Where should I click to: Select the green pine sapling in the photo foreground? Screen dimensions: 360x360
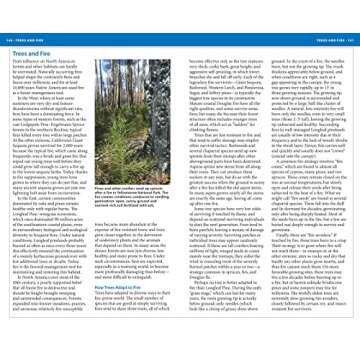coord(139,196)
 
